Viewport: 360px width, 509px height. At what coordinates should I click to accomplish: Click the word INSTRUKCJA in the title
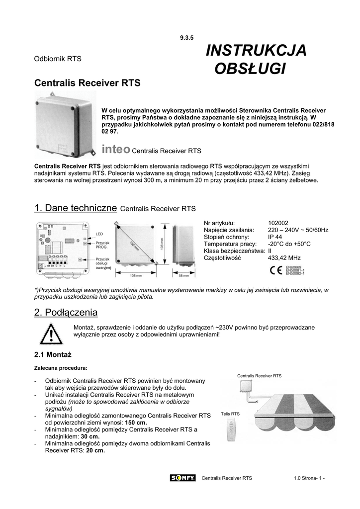tap(256, 50)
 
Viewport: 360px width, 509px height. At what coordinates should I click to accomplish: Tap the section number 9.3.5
tap(186, 38)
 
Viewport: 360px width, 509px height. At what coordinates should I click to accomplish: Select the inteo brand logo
tap(115, 149)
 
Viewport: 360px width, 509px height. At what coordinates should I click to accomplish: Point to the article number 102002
tap(278, 223)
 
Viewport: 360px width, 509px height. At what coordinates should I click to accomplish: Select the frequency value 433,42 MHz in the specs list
tap(284, 258)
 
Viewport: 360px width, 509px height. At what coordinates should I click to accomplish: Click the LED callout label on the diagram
tap(99, 233)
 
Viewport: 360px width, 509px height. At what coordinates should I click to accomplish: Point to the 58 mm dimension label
tap(184, 275)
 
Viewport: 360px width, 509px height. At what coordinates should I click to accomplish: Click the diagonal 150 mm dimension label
tap(135, 245)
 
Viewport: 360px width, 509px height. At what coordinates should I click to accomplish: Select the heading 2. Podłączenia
tap(66, 312)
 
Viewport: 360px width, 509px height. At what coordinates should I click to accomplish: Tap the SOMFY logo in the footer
tap(182, 478)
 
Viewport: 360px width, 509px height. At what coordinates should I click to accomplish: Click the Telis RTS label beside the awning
tap(230, 414)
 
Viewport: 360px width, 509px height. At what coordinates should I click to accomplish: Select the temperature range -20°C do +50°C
tap(289, 244)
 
